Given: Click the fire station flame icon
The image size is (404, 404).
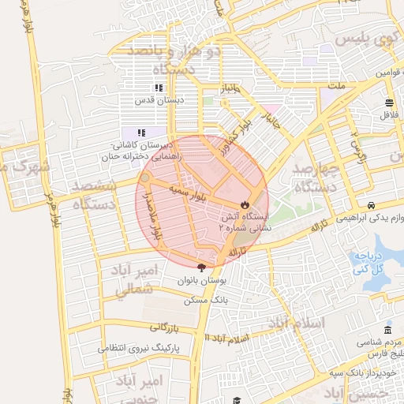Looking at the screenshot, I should tap(245, 204).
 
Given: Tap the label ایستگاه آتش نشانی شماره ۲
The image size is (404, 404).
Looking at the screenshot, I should tap(245, 220).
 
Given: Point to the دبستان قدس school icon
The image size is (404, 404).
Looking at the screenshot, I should tap(159, 88).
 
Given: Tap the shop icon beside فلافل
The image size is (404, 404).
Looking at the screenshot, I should tap(389, 103).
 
